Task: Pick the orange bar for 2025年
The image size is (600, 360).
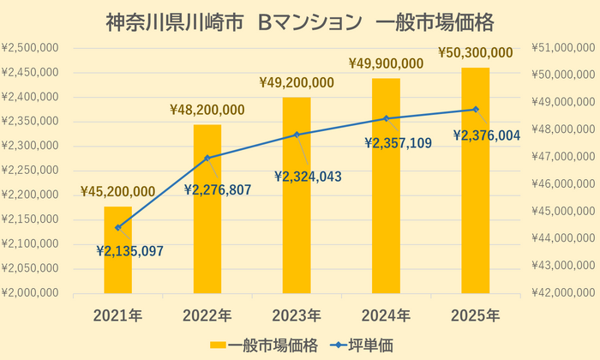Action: click(475, 180)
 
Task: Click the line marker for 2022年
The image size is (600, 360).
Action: click(207, 158)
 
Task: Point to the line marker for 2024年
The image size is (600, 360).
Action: click(387, 118)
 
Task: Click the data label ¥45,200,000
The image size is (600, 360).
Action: click(117, 191)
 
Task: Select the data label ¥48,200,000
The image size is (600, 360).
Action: click(207, 110)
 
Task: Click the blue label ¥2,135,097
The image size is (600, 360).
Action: click(129, 250)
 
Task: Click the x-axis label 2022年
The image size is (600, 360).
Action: click(207, 315)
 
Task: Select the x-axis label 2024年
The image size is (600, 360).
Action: click(386, 315)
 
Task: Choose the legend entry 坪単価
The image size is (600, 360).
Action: click(360, 345)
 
